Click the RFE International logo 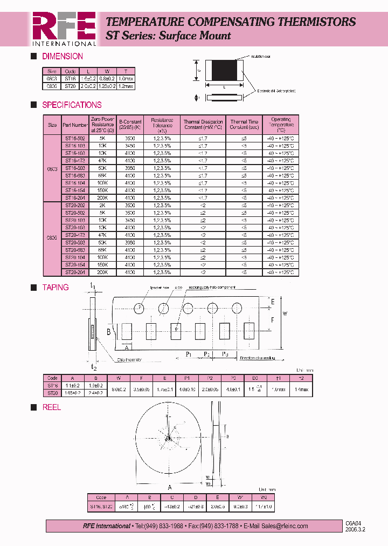point(64,29)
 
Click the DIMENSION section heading point(62,56)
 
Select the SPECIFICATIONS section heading point(72,105)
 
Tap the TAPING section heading point(56,288)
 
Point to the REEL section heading point(52,407)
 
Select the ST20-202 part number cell point(75,205)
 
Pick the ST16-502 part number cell point(75,138)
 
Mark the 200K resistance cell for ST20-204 point(102,272)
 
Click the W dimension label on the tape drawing point(286,313)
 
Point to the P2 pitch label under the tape point(206,354)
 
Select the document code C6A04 point(351,523)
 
